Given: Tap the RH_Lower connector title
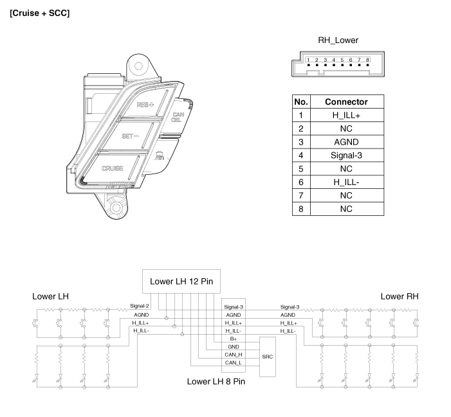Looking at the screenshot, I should tap(338, 40).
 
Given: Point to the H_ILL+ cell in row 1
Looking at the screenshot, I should tap(346, 115).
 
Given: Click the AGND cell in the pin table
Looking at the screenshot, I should tap(346, 142).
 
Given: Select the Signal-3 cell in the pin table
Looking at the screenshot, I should tap(346, 155).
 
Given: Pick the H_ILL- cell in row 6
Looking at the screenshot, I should tap(346, 182).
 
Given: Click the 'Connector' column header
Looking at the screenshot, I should tap(346, 102).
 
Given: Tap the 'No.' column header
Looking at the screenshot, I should tap(300, 102).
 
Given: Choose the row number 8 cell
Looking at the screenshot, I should tap(300, 209).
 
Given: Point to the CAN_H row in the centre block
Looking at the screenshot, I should tap(234, 355).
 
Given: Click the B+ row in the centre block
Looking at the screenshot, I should tap(234, 339).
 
